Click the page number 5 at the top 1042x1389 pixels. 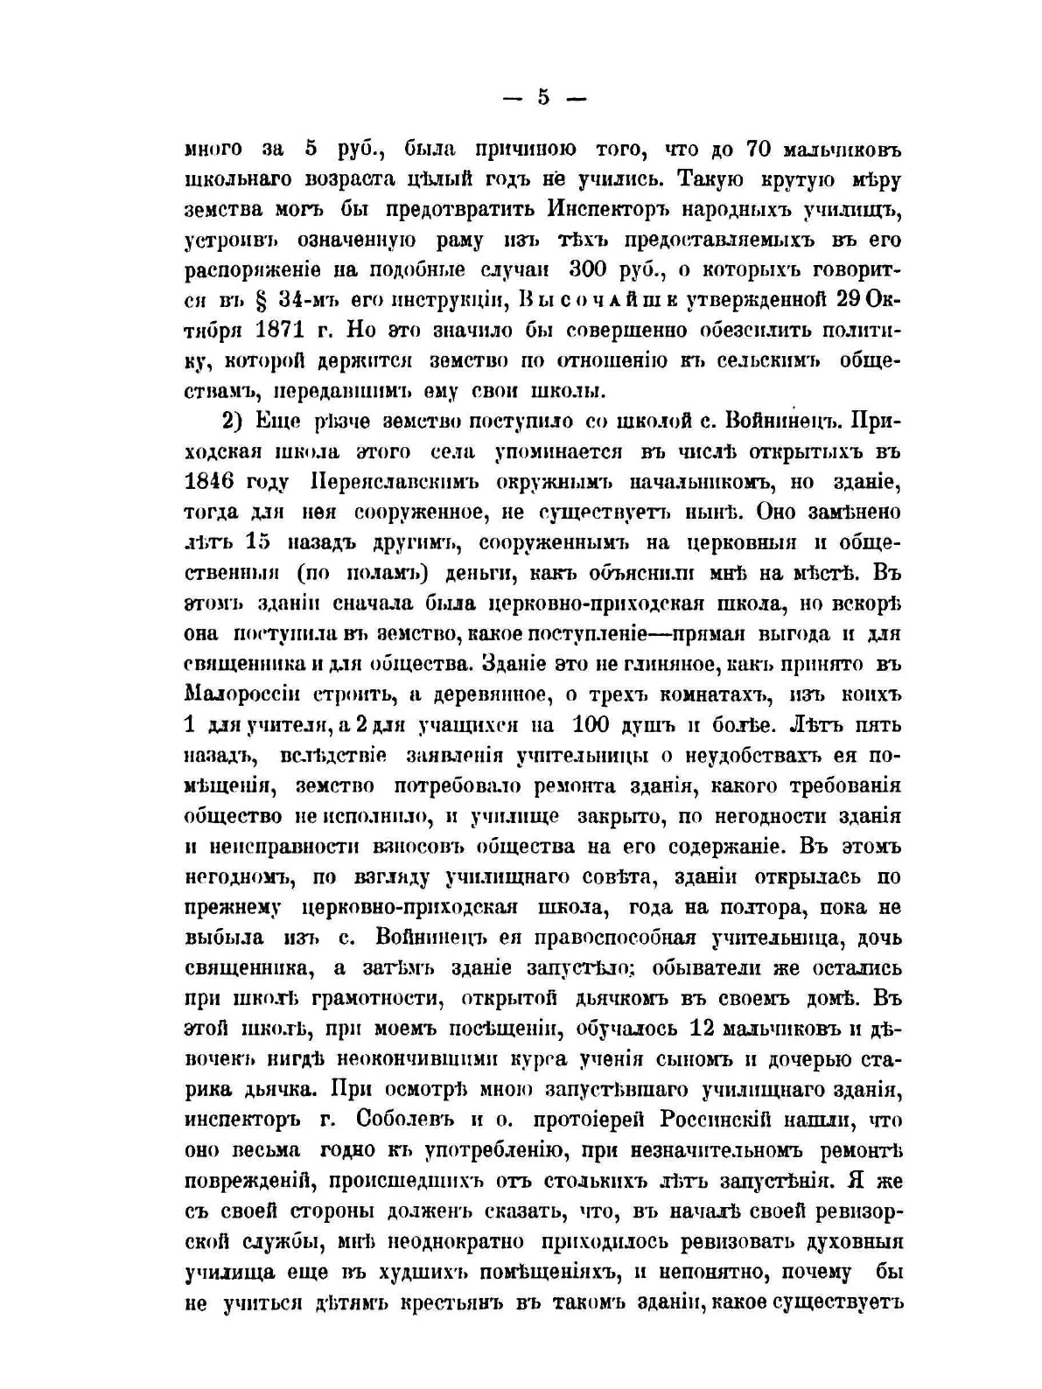tap(542, 98)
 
